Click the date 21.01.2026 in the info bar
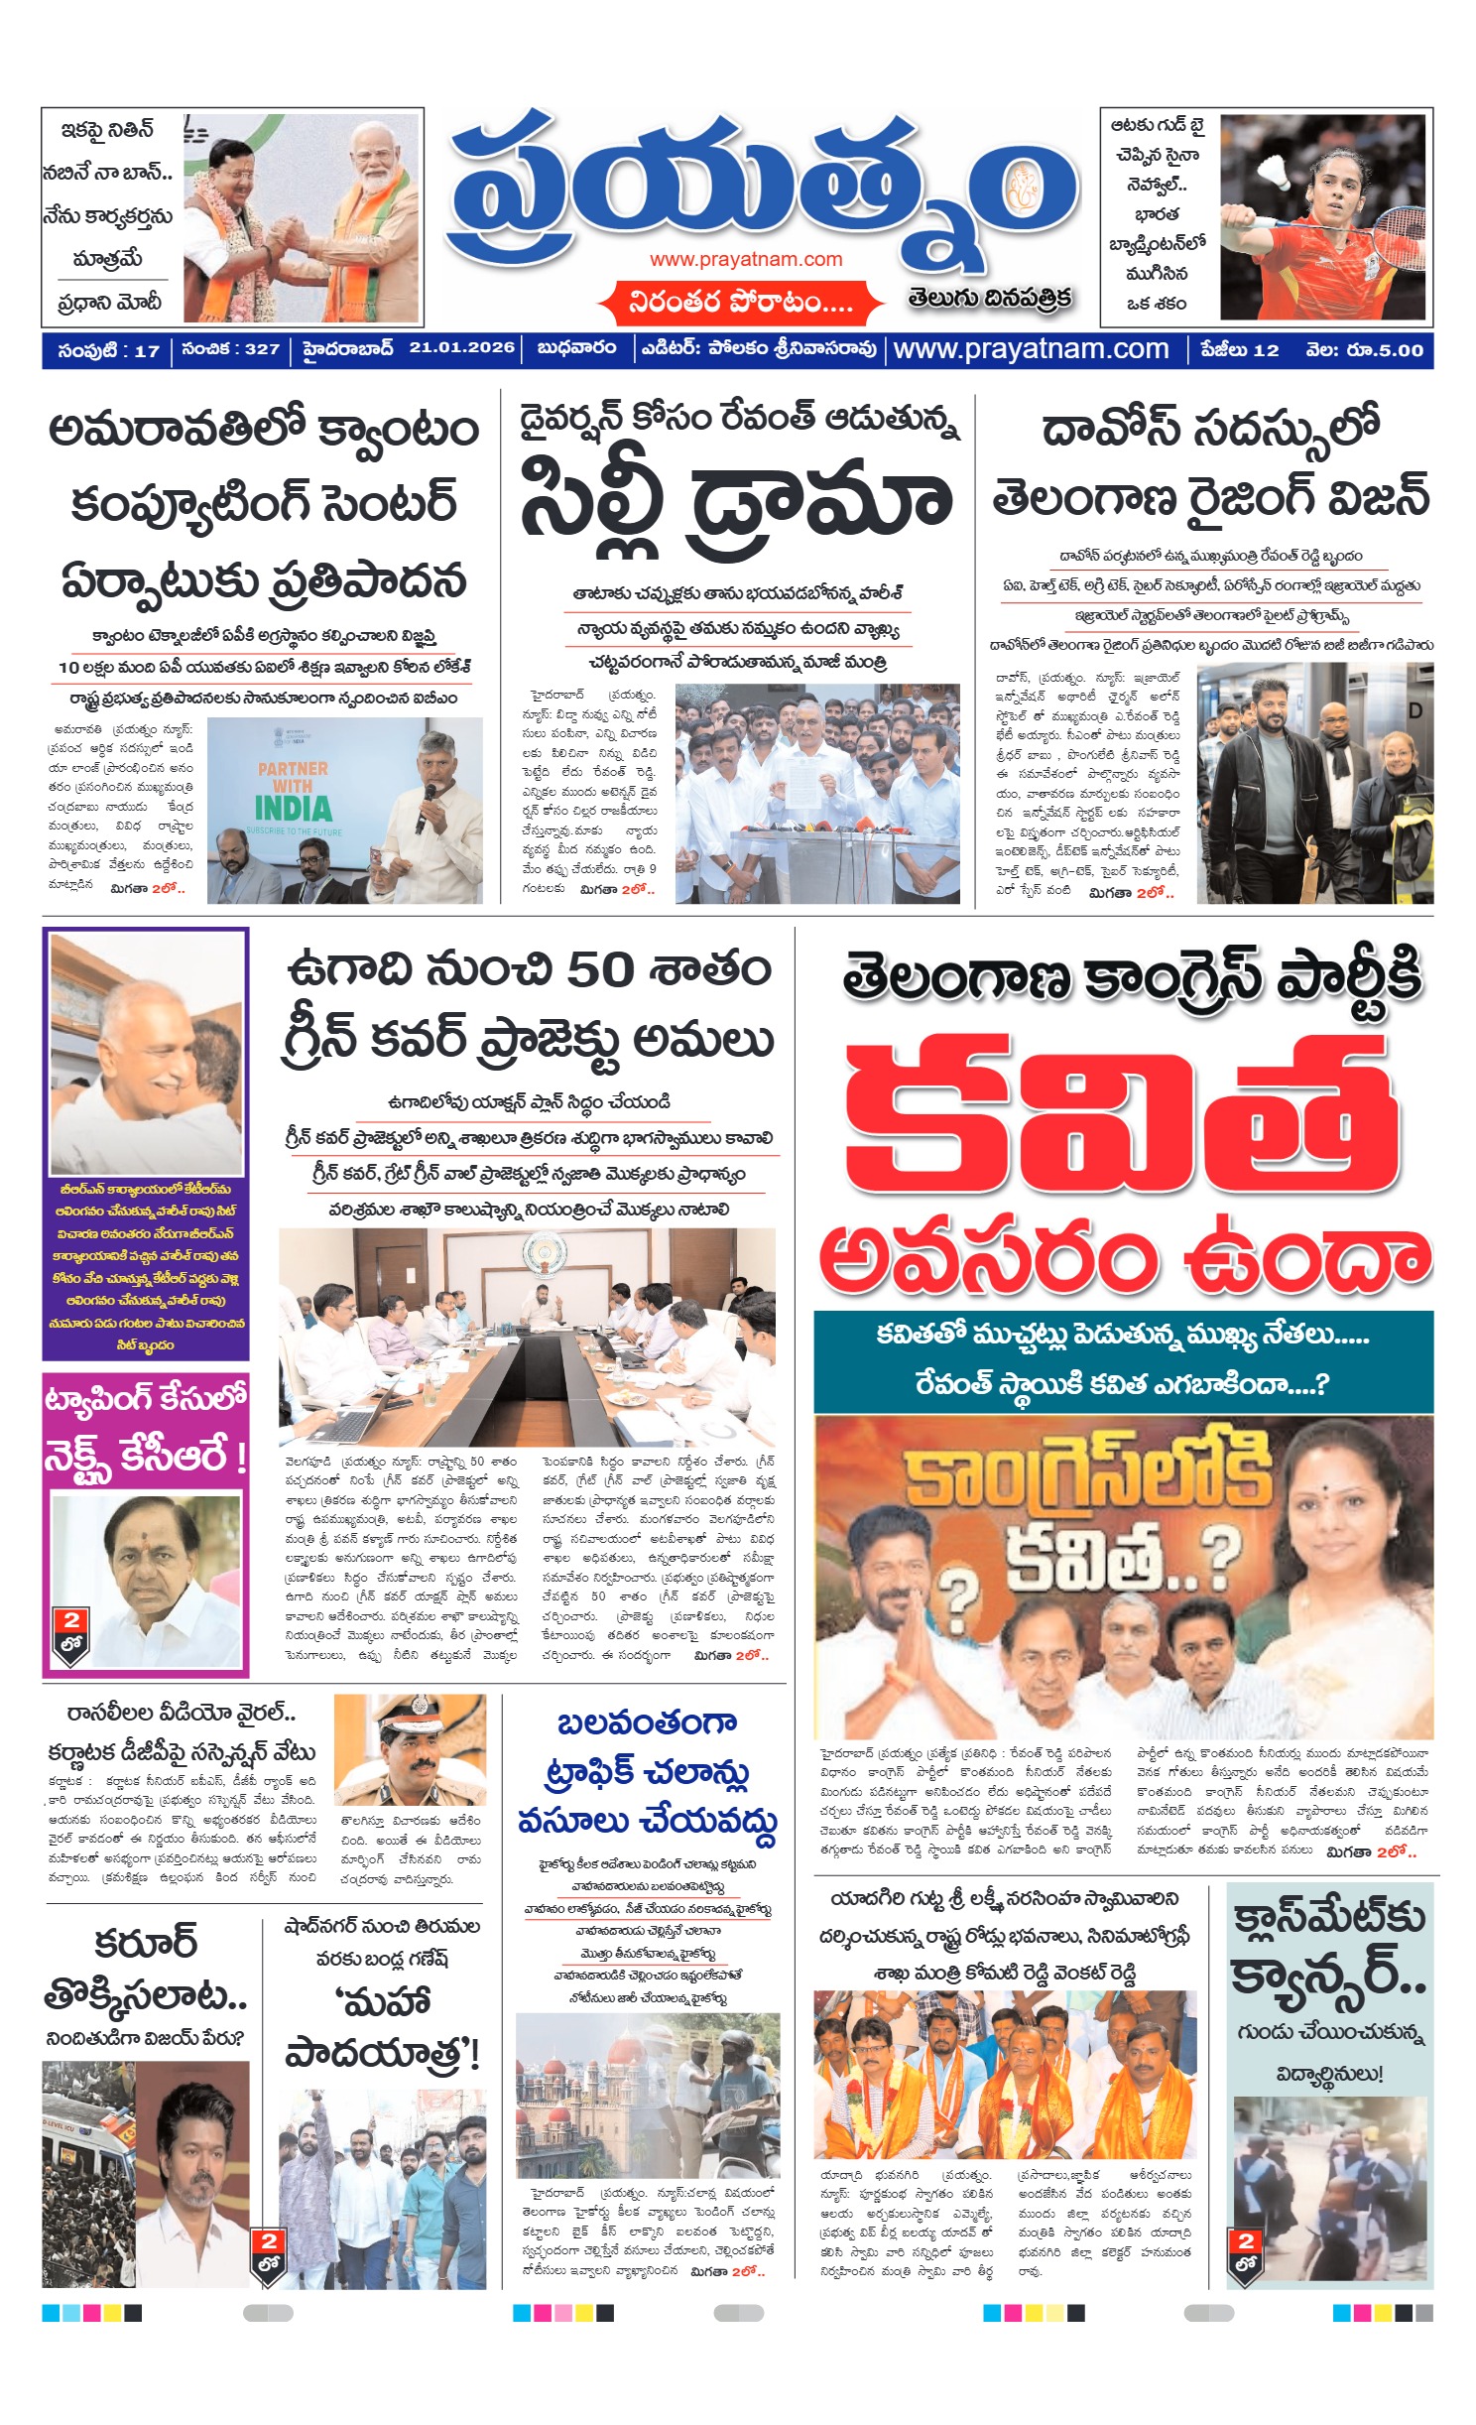click(x=461, y=348)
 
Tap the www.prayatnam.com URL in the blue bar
click(x=1031, y=349)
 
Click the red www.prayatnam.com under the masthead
click(x=746, y=260)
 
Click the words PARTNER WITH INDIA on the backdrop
click(x=293, y=789)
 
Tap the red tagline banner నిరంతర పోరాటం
click(x=740, y=302)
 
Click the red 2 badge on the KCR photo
click(x=71, y=1621)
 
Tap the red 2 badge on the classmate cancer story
click(x=1247, y=2241)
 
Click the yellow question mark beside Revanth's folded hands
click(x=957, y=1596)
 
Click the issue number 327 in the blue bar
click(x=263, y=349)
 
